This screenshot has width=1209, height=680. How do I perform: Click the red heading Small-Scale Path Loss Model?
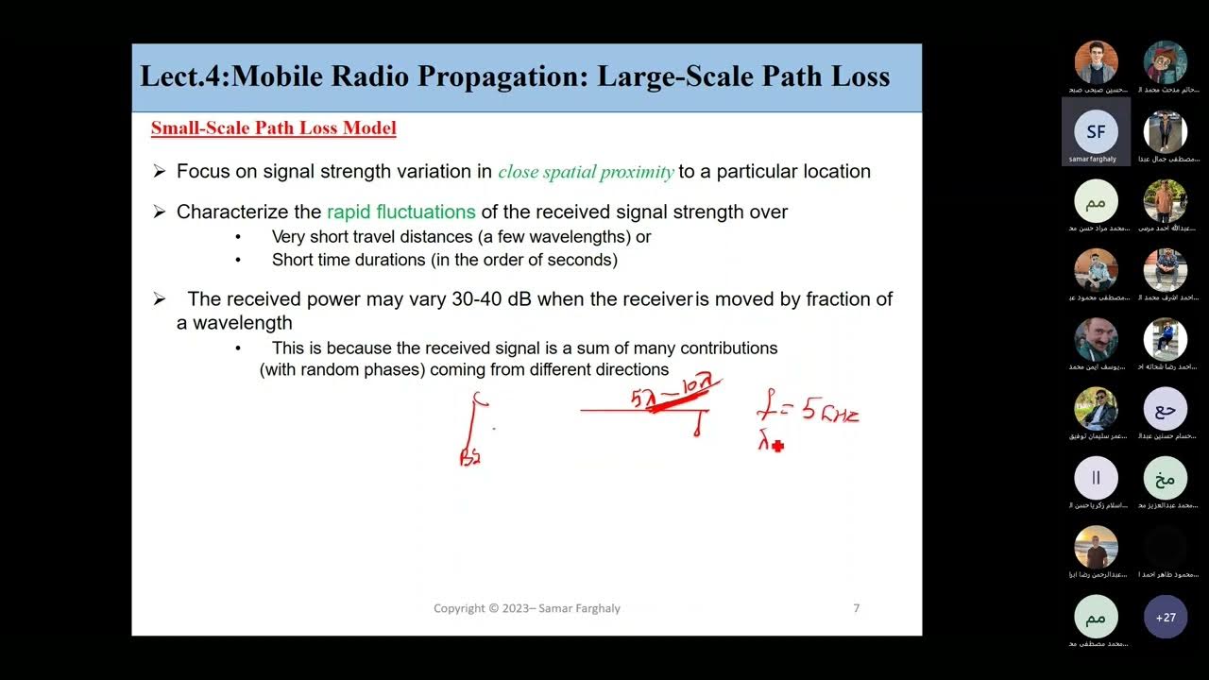pos(273,128)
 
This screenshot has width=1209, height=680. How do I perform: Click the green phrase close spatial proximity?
pos(586,172)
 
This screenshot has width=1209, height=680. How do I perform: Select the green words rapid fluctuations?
pos(400,212)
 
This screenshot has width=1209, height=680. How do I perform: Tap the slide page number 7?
pos(856,608)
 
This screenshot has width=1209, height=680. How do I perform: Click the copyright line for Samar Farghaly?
pos(526,608)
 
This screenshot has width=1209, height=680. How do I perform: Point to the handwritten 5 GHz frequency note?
pos(809,412)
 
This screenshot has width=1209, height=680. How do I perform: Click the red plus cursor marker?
pos(777,446)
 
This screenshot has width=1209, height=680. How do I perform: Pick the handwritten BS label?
pos(469,457)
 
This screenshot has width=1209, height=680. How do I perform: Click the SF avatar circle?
pos(1096,132)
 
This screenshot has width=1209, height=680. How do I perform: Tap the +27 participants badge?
pos(1165,618)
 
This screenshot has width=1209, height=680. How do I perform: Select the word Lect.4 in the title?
pos(183,76)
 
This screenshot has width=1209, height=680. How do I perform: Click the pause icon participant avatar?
pos(1096,478)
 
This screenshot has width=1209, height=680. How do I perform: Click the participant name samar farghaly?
pos(1093,159)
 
